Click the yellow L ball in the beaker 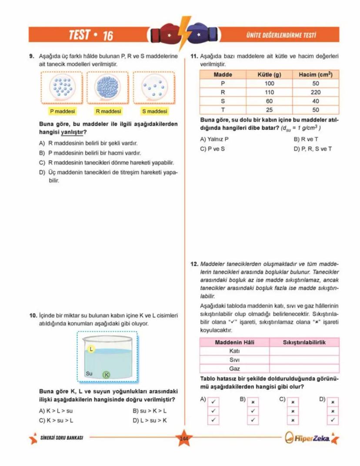pos(91,349)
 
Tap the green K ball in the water pos(106,375)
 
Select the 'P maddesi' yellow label pos(60,111)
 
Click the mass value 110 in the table pos(270,92)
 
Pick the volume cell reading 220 pos(316,92)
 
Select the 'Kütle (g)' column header pos(270,74)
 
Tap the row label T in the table pos(223,110)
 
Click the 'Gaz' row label pos(234,369)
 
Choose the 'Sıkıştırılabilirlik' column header pos(304,342)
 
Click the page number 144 pos(183,438)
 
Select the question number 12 pos(194,264)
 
